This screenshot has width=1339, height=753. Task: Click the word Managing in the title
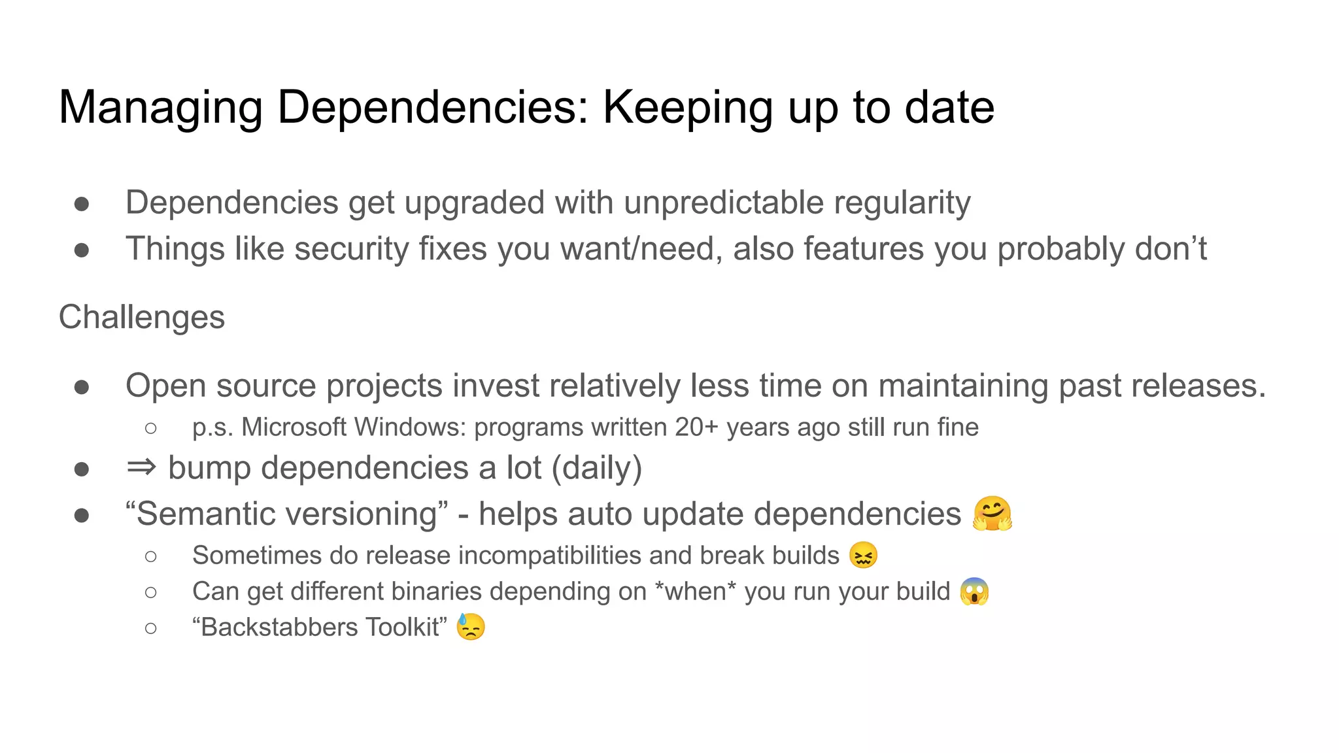pyautogui.click(x=161, y=108)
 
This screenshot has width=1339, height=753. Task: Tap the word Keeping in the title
pyautogui.click(x=687, y=108)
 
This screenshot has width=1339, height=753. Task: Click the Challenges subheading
pyautogui.click(x=142, y=318)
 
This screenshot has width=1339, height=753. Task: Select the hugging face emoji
pyautogui.click(x=992, y=514)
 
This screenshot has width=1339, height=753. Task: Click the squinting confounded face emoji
pyautogui.click(x=863, y=556)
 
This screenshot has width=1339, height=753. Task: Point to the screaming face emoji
pyautogui.click(x=974, y=592)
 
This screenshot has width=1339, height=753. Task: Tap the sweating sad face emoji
pyautogui.click(x=471, y=627)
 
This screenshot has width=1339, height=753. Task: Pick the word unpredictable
pyautogui.click(x=723, y=203)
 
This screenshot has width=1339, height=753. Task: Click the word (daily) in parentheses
pyautogui.click(x=597, y=469)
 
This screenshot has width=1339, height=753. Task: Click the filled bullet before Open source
pyautogui.click(x=82, y=387)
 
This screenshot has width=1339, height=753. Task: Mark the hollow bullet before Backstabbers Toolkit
pyautogui.click(x=151, y=628)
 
